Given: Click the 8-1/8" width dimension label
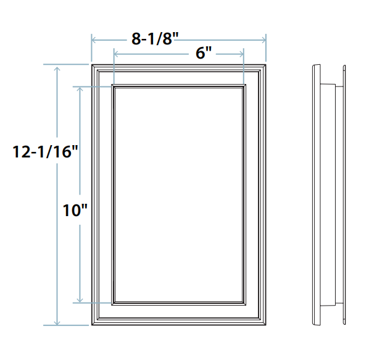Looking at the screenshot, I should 155,38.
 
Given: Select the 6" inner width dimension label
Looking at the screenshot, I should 204,53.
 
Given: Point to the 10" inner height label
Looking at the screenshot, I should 75,210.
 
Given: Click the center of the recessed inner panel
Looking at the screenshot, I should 179,195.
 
